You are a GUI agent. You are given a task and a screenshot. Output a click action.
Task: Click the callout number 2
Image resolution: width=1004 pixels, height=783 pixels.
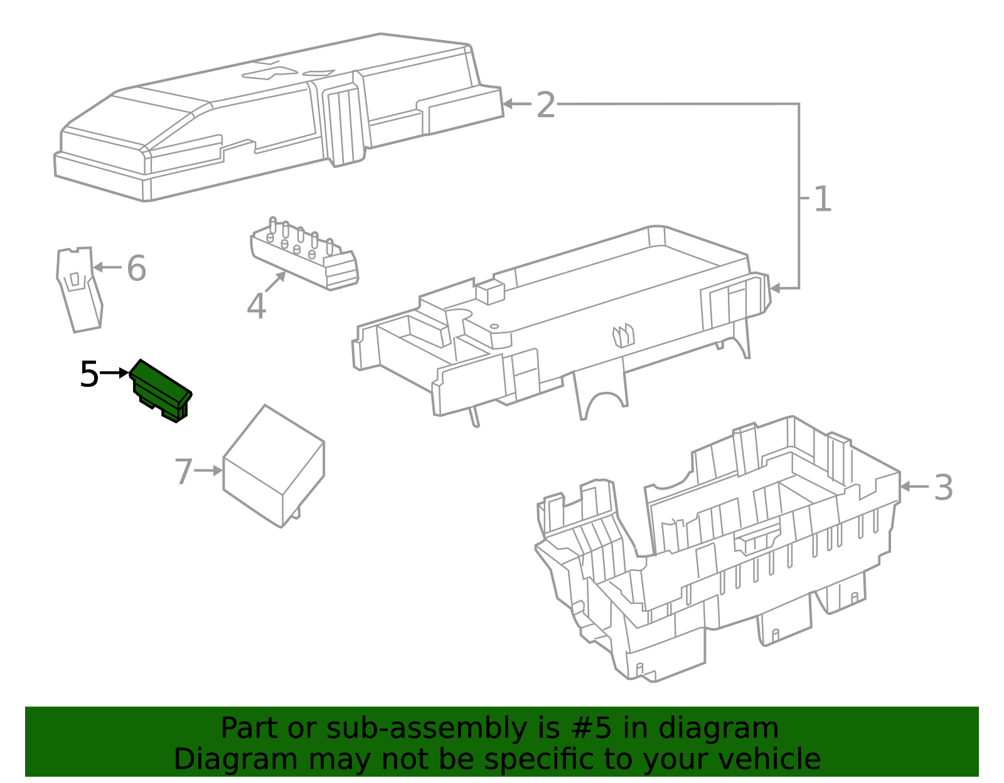point(545,105)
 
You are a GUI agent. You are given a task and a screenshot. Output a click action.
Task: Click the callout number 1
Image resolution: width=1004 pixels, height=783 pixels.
point(822,199)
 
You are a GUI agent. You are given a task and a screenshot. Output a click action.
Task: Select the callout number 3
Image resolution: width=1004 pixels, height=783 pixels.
point(943,487)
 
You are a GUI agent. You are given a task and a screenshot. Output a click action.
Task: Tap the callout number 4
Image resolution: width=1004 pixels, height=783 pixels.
point(256,307)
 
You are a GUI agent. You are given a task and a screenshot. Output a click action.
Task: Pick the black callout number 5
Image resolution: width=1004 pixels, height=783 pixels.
point(88,375)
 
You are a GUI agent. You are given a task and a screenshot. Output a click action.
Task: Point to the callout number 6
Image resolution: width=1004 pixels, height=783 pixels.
point(136,268)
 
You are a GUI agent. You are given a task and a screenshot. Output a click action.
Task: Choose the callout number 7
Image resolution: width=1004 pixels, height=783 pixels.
point(183,471)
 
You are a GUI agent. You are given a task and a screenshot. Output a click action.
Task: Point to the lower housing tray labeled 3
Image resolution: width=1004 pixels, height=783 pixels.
point(715,552)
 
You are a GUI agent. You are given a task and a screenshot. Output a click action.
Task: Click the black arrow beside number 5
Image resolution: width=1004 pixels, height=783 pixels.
point(115,373)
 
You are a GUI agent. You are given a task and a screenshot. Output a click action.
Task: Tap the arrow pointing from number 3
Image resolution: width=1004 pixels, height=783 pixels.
point(914,486)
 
